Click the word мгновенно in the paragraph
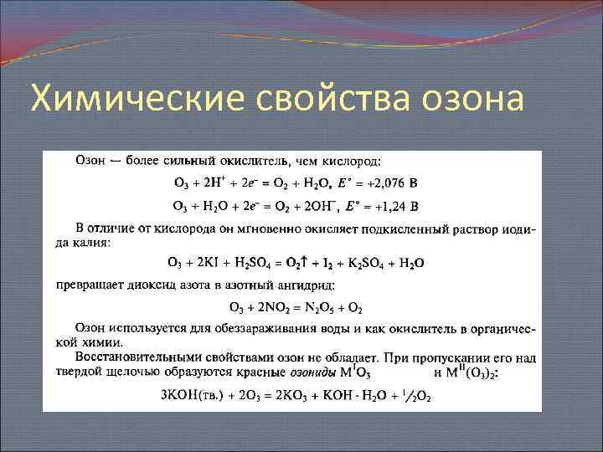[x=236, y=229]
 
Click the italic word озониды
[x=311, y=372]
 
